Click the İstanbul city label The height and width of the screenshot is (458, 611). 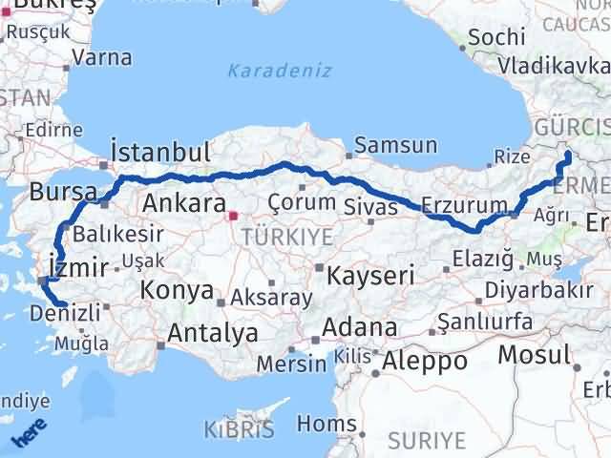coord(159,153)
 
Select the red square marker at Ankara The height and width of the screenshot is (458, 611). coord(232,216)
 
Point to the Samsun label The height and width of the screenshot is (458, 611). coord(395,146)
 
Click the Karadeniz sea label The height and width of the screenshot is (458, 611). coord(280,70)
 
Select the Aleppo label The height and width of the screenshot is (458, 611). coord(425,362)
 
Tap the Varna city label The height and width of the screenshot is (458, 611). coord(101,56)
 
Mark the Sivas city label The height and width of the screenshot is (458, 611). coord(366,203)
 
